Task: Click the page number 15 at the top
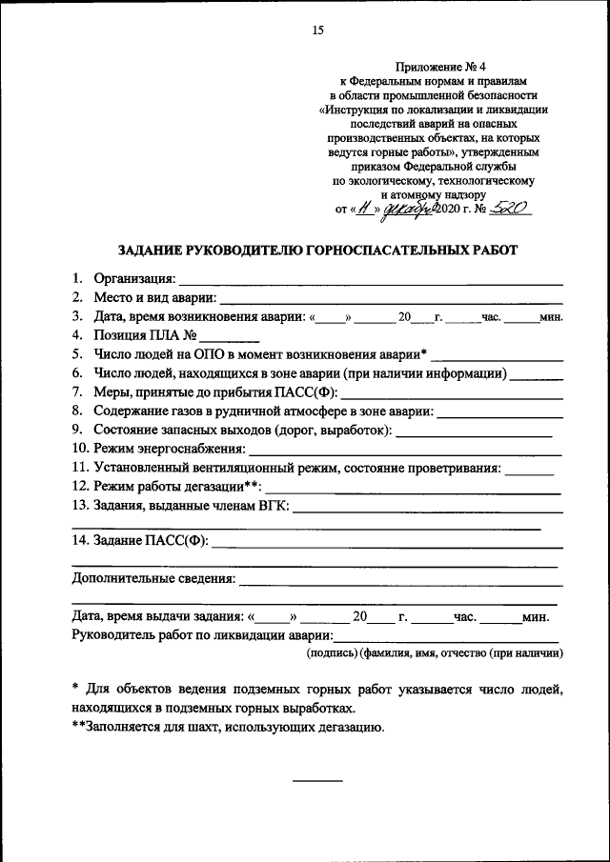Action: coord(318,30)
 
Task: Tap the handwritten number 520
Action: coord(508,206)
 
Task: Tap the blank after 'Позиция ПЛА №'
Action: coord(230,335)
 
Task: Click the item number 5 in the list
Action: coord(76,354)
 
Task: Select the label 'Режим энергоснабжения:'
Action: coord(170,448)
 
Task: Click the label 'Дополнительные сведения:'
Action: coord(153,578)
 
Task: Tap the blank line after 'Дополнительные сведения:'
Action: coord(400,580)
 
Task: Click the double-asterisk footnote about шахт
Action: coord(228,727)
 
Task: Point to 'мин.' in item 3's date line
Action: coord(553,317)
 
